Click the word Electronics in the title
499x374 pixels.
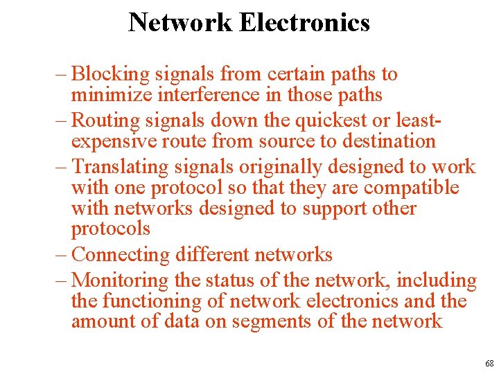click(304, 23)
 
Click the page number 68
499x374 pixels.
click(489, 364)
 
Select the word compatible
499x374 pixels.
click(411, 188)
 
